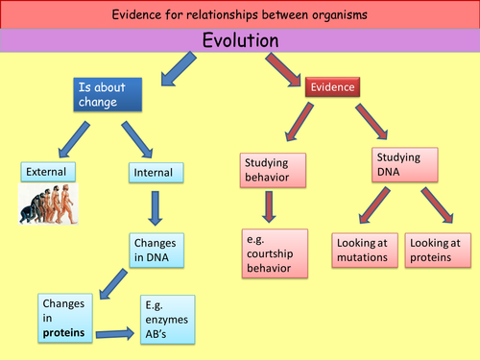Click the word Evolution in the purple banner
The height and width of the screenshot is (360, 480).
(240, 40)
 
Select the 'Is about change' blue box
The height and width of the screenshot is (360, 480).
(107, 93)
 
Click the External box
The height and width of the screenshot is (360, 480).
(45, 173)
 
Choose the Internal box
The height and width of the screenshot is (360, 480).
(152, 174)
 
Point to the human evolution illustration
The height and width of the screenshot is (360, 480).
(49, 204)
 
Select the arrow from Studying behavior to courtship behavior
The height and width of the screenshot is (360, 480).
(268, 207)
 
